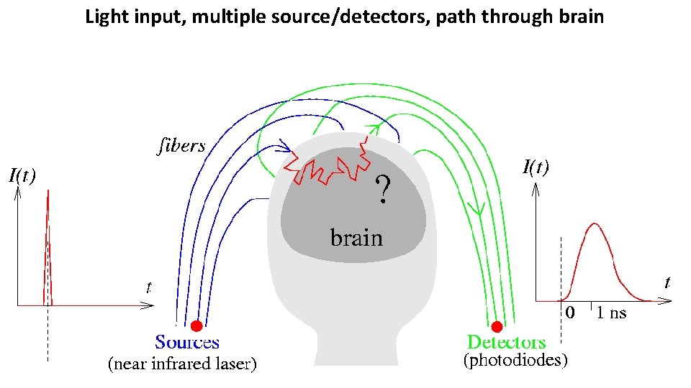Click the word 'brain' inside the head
pos(356,237)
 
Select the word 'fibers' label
pos(181,147)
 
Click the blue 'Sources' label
pos(187,343)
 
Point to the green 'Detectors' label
pos(507,343)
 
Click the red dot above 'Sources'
pos(197,326)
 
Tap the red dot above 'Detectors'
pos(497,326)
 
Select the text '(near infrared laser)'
pos(181,364)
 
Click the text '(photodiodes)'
pos(515,361)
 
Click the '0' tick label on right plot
pos(569,313)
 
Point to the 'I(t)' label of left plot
pos(23,174)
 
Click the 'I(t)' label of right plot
pos(535,168)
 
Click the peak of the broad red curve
pos(595,223)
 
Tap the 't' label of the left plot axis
pos(148,288)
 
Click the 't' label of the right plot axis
pos(669,282)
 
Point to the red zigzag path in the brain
pos(328,170)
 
